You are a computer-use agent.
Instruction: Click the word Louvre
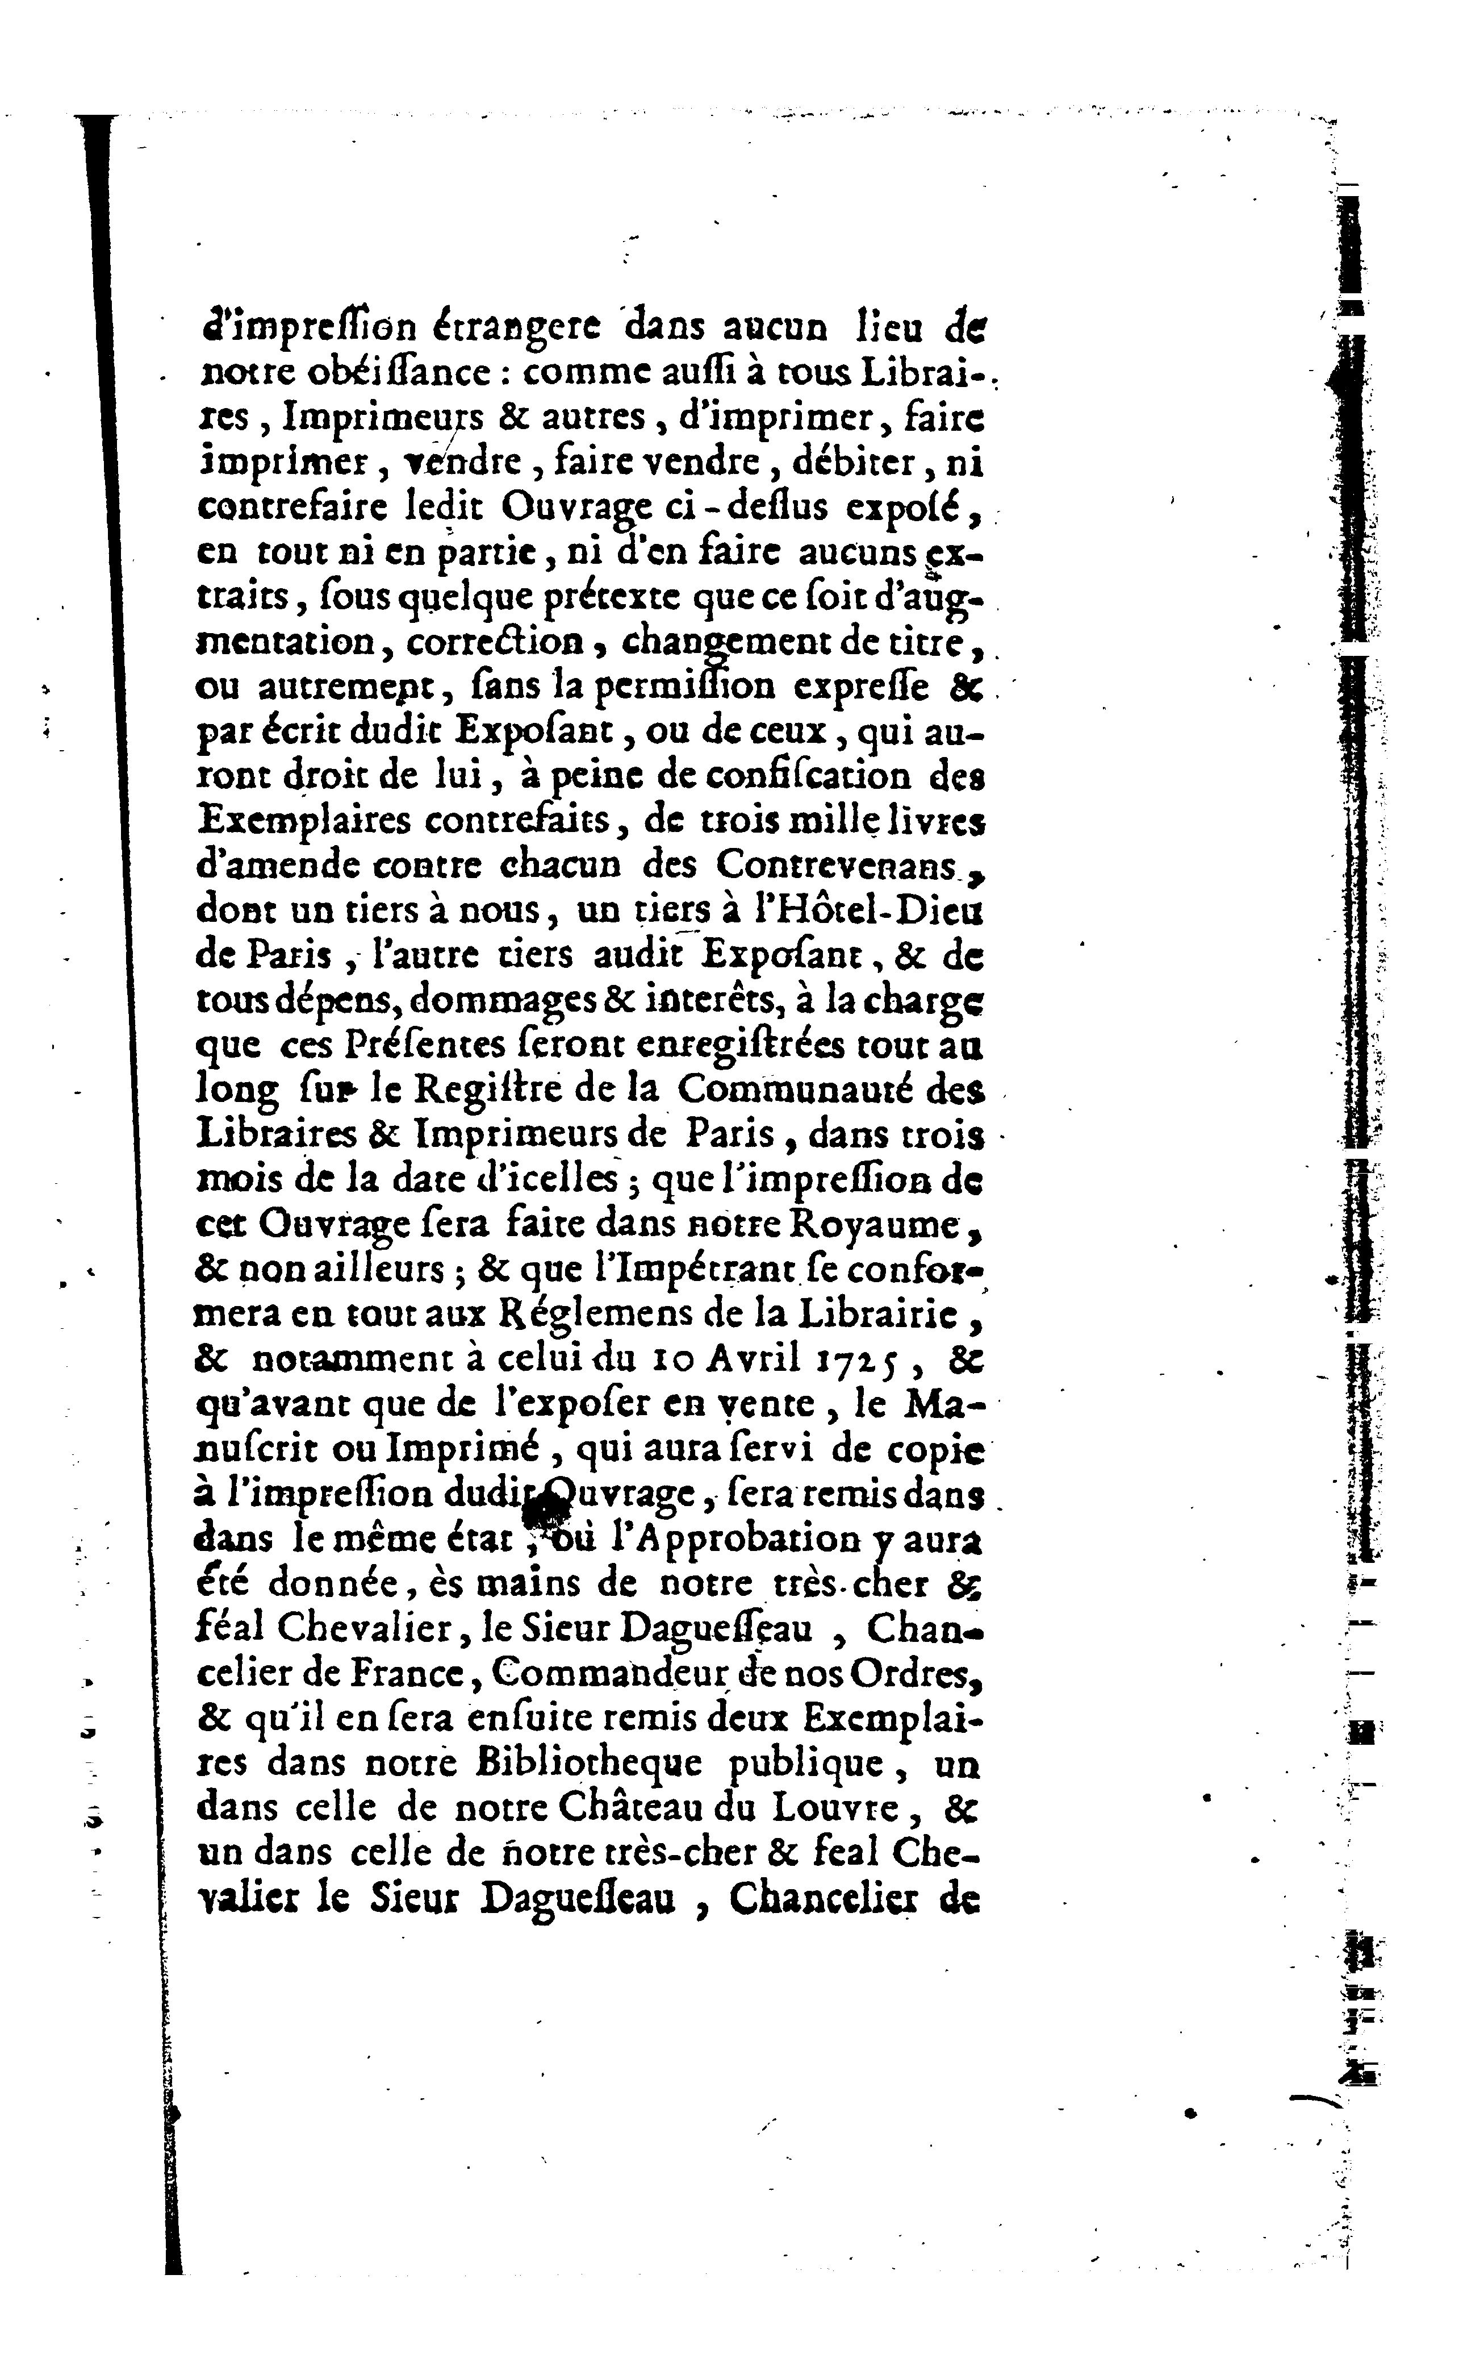(x=837, y=1808)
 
